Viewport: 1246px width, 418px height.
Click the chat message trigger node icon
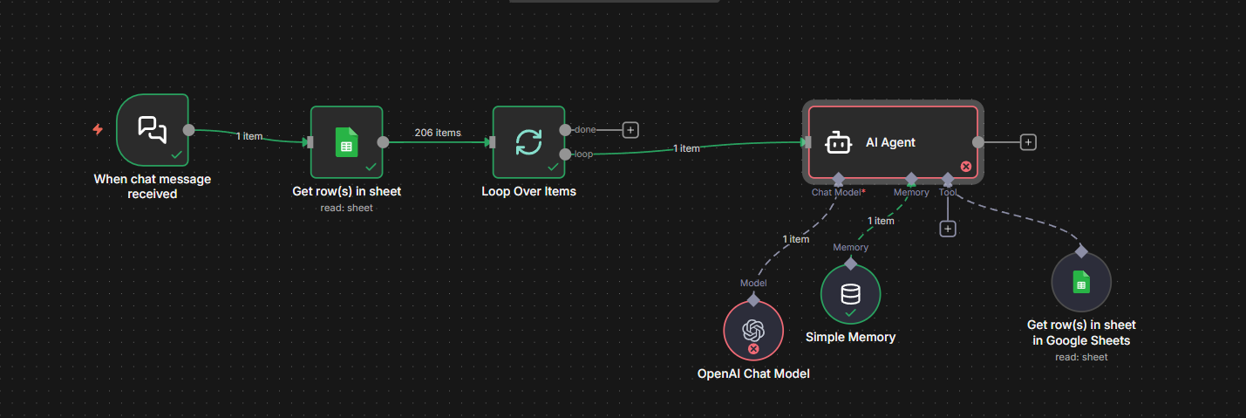click(152, 129)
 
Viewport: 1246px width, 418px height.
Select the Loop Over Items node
click(528, 142)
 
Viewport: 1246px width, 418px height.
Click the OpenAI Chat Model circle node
click(753, 331)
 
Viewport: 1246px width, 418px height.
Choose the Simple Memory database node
click(850, 294)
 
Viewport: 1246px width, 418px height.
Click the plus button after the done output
click(630, 130)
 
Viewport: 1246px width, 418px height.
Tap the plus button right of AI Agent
click(1029, 142)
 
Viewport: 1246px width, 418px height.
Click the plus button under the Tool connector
click(948, 229)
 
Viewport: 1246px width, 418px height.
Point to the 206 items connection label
click(438, 133)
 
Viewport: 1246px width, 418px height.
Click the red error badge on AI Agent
click(966, 166)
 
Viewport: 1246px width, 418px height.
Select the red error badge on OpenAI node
click(753, 349)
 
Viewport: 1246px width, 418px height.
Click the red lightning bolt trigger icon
click(98, 130)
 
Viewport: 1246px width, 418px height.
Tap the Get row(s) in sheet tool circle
click(1081, 282)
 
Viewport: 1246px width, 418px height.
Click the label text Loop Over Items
click(528, 191)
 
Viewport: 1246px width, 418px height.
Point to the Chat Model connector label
click(838, 192)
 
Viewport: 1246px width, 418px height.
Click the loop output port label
click(583, 154)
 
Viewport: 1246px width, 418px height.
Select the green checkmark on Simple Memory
click(850, 312)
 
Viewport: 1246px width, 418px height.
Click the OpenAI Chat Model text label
click(753, 373)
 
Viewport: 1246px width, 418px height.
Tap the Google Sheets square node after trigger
click(347, 142)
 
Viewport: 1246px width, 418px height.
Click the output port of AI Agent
click(978, 142)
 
